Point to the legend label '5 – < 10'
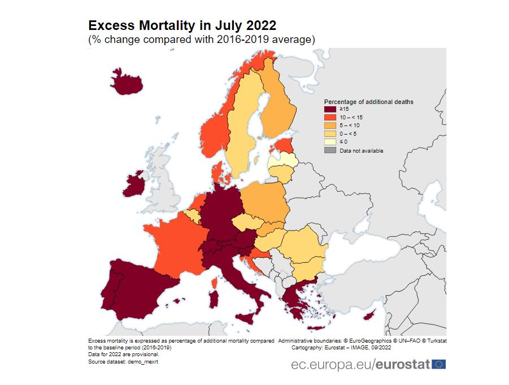(350, 125)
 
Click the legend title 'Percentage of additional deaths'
(368, 102)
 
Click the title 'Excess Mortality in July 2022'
(182, 26)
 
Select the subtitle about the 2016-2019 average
(201, 40)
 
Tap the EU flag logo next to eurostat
(438, 364)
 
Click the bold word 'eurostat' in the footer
(402, 364)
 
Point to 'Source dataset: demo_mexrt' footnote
(123, 361)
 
